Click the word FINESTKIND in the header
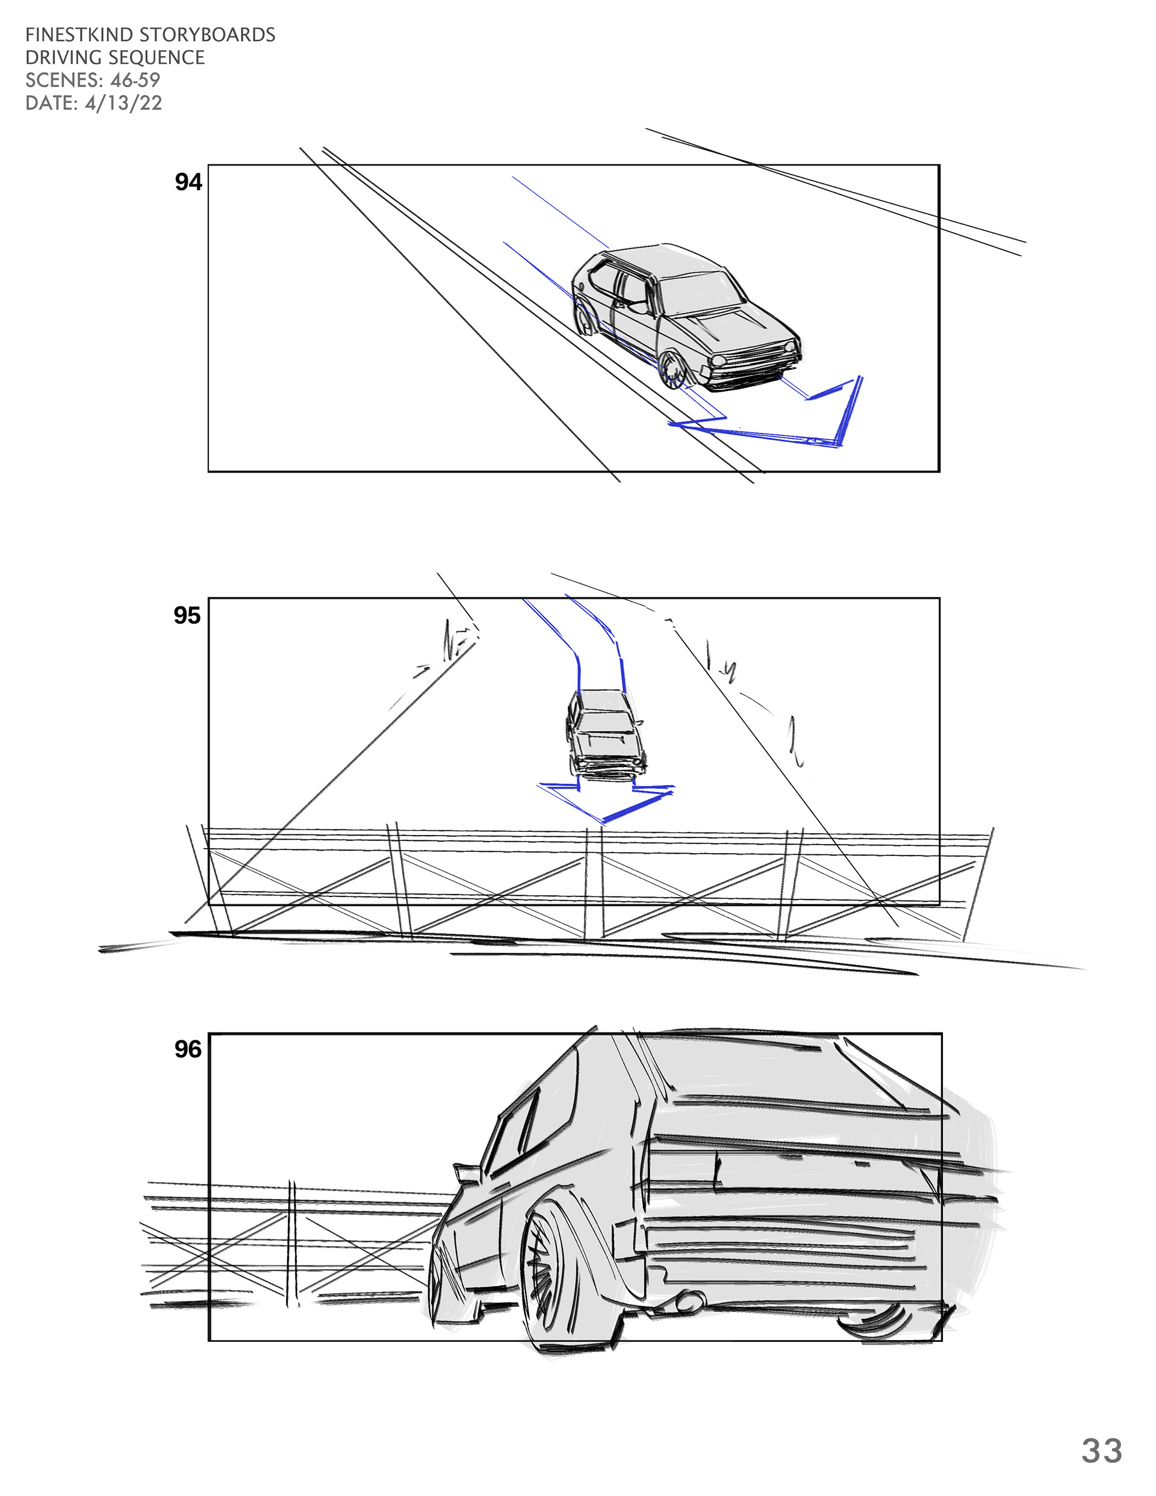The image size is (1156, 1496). point(79,35)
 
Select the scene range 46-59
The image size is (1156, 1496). point(135,80)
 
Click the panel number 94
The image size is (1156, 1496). point(188,182)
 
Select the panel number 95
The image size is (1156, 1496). point(187,616)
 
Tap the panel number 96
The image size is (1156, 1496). point(188,1049)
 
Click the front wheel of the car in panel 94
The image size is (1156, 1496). point(674,371)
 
